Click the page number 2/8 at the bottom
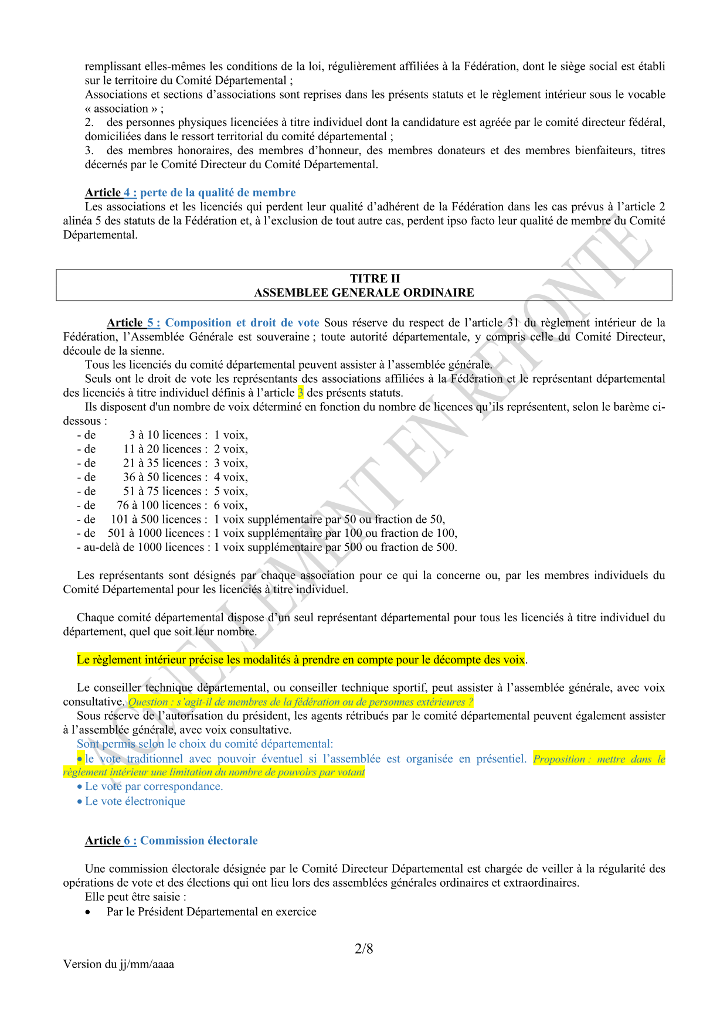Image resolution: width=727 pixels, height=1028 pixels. tap(363, 948)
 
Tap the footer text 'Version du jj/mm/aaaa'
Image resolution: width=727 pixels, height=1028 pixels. tap(118, 964)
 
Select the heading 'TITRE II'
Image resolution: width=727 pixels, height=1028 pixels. tap(375, 278)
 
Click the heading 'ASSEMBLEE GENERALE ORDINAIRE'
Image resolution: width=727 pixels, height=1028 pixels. tap(363, 292)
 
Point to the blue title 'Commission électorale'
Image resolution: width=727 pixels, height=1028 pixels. tap(199, 840)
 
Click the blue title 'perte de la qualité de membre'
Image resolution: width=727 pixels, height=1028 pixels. tap(218, 193)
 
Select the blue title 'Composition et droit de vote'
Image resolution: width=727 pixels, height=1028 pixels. tap(242, 323)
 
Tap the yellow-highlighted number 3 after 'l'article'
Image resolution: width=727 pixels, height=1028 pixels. tap(300, 393)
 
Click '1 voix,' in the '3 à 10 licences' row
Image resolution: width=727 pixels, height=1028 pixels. tap(230, 435)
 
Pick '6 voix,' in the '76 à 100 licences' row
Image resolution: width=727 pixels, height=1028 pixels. tap(230, 505)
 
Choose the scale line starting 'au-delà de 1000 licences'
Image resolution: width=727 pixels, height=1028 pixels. tap(267, 547)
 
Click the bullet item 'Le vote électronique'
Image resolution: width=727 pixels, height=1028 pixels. tap(135, 801)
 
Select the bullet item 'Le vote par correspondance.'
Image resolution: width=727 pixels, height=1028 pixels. tap(154, 787)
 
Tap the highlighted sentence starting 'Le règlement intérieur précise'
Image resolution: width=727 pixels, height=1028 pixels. tap(301, 660)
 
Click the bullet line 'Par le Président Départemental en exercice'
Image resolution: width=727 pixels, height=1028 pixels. tap(211, 912)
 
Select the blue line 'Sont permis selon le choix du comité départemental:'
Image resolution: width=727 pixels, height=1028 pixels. tap(205, 744)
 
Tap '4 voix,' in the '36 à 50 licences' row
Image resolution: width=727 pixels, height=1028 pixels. tap(230, 477)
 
